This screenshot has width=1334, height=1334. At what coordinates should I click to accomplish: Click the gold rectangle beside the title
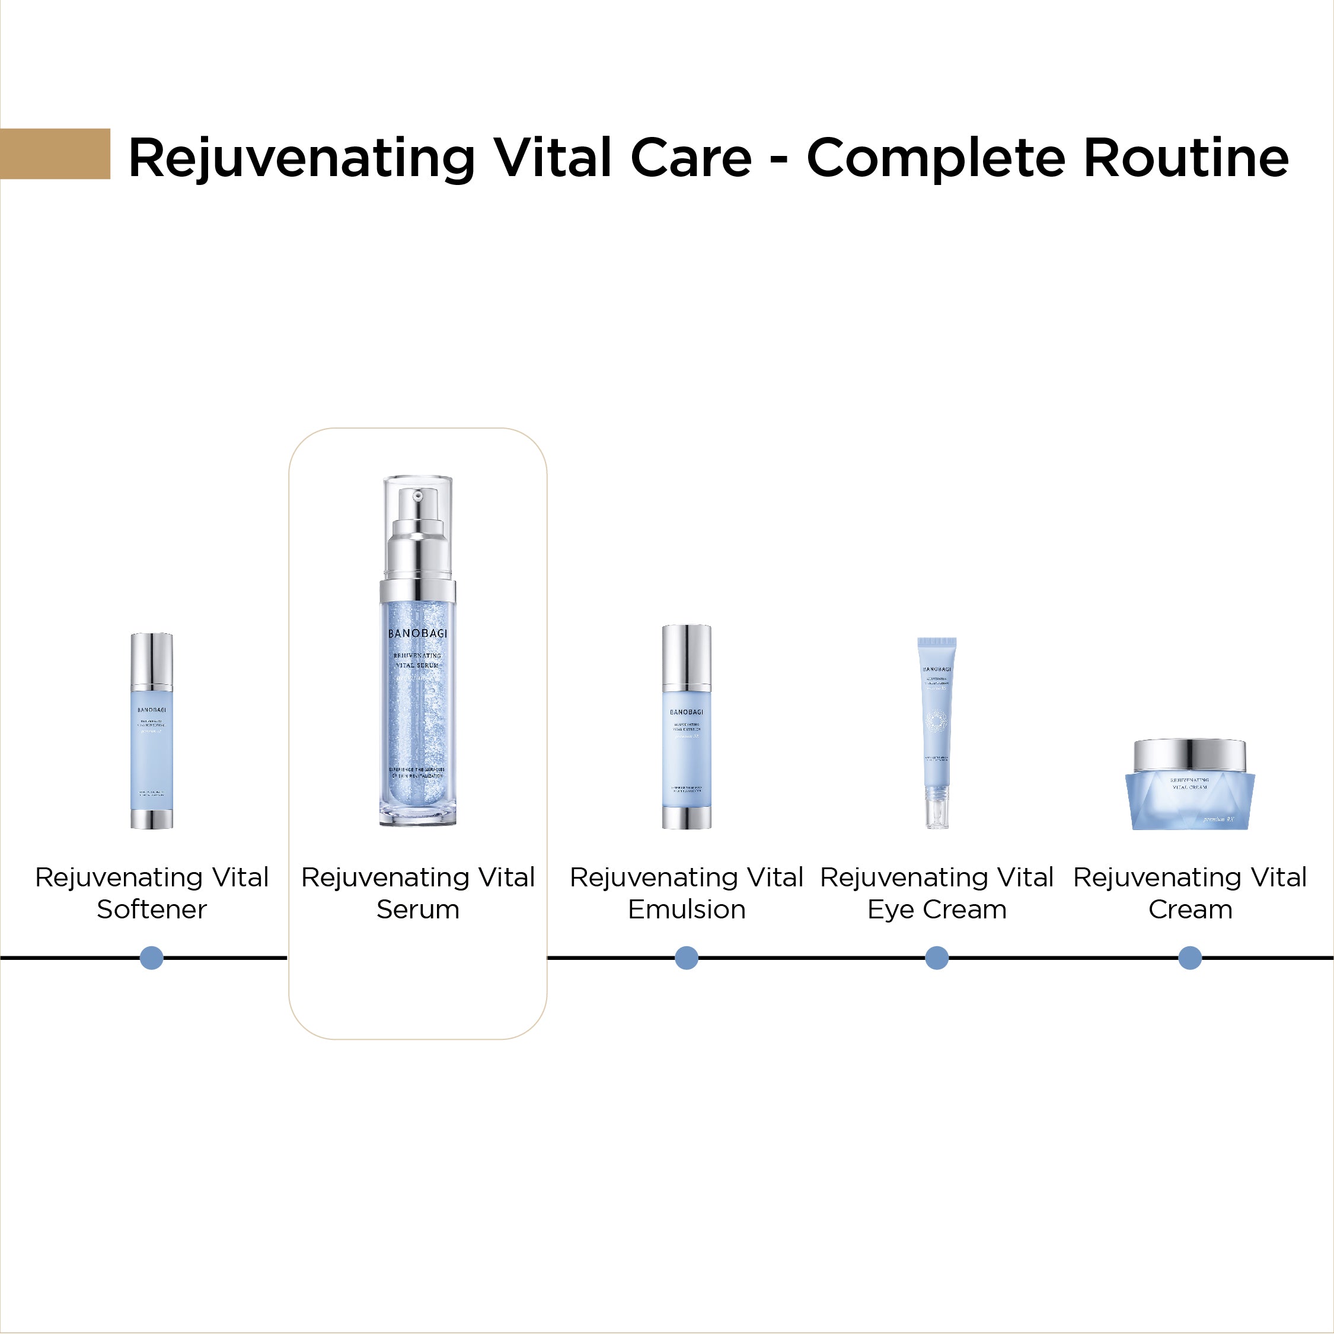tap(55, 154)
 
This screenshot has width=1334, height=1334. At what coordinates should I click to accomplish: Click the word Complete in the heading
tap(938, 159)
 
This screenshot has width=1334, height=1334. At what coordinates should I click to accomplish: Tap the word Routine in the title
tap(1186, 158)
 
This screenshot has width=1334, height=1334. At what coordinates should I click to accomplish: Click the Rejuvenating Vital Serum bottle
tap(418, 691)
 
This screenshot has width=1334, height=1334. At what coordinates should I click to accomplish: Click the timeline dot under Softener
tap(152, 958)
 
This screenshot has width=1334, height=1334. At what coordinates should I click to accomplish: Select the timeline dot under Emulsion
tap(687, 958)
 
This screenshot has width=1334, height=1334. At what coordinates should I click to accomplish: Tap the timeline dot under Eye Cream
tap(937, 958)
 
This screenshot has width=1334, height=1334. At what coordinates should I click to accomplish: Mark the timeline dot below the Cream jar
tap(1190, 958)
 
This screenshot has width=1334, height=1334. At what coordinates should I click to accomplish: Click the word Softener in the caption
tap(152, 909)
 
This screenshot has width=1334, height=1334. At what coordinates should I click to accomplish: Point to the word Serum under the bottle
tap(418, 909)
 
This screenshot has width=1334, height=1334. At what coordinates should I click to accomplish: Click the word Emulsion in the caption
tap(687, 909)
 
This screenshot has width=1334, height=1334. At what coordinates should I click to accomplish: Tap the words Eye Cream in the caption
tap(937, 909)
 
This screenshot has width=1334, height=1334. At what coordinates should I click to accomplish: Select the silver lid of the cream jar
tap(1190, 755)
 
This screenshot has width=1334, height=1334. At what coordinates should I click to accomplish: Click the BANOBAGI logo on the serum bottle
tap(418, 633)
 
